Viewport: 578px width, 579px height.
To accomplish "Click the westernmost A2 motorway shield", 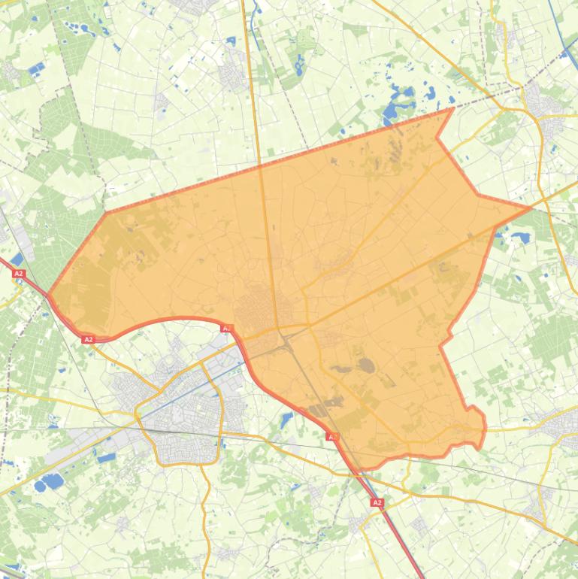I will point(19,274).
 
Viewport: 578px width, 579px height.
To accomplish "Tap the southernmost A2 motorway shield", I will point(377,502).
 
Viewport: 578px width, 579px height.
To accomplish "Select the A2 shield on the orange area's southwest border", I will point(88,340).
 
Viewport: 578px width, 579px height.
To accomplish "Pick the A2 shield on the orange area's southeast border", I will point(331,436).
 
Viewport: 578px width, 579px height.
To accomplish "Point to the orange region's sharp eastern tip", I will point(531,207).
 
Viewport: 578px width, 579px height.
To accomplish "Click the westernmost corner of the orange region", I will point(48,293).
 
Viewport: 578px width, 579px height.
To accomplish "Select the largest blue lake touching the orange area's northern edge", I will point(392,114).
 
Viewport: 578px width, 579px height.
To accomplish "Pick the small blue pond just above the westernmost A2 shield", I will point(17,259).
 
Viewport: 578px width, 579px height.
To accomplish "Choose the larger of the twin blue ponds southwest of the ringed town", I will point(52,480).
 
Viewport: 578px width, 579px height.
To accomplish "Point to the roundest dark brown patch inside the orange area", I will point(367,365).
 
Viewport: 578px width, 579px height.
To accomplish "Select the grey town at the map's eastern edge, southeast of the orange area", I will point(564,429).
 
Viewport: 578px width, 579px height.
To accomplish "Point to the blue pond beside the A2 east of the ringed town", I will point(286,420).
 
